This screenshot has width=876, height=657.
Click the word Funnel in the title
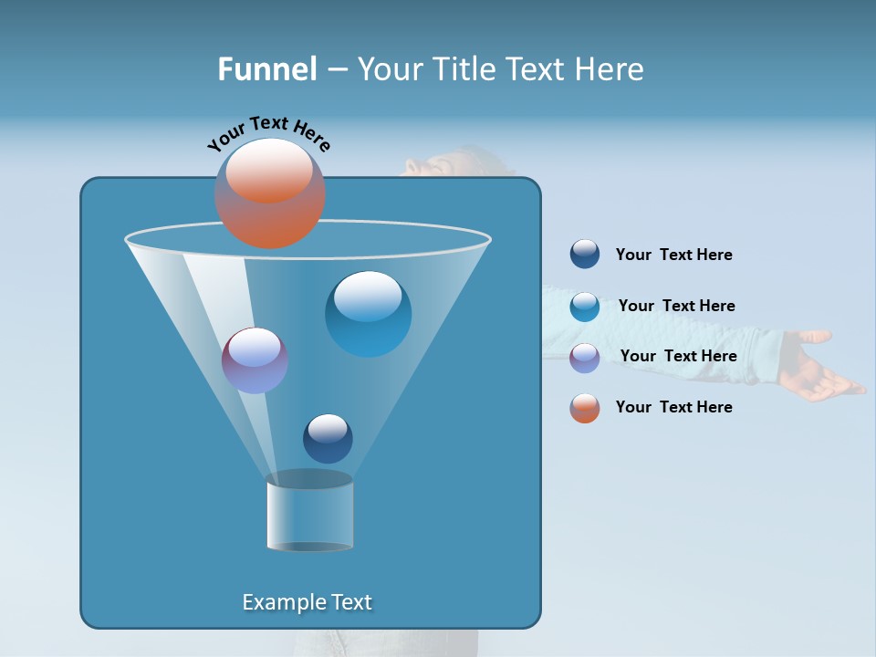click(x=266, y=69)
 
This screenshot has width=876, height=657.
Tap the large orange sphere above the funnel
click(x=270, y=193)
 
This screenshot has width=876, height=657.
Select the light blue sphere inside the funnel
click(x=368, y=313)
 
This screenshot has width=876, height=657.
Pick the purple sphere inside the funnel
click(x=255, y=360)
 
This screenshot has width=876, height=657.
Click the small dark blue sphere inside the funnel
click(x=328, y=438)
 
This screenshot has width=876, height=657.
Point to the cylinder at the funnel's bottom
click(x=309, y=512)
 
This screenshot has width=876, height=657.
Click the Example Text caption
click(x=308, y=602)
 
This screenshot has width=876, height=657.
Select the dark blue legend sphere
click(x=585, y=255)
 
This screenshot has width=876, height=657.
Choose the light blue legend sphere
click(x=585, y=307)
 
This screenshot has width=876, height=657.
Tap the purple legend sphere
click(x=585, y=357)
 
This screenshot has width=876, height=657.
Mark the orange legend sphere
click(x=585, y=408)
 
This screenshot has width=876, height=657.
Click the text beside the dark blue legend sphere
click(x=673, y=255)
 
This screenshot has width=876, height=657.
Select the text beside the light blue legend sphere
click(x=676, y=306)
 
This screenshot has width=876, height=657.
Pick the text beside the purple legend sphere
click(x=678, y=356)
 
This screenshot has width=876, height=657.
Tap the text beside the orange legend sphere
click(x=673, y=407)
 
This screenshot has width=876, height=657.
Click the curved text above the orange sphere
click(x=268, y=132)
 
